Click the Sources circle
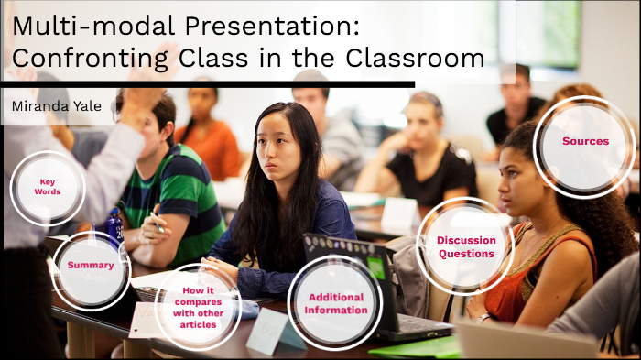585,142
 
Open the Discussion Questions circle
466,246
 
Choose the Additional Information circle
336,303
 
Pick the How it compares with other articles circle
198,305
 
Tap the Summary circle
91,266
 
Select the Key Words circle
48,187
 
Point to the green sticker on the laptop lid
375,267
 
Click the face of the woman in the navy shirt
279,147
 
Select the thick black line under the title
211,84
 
